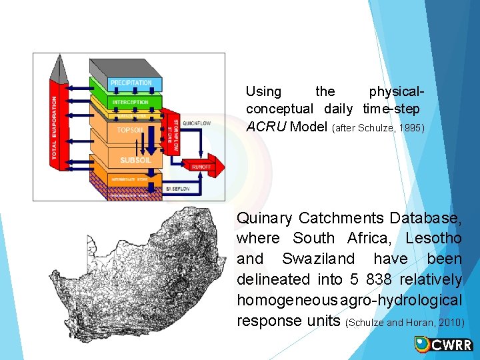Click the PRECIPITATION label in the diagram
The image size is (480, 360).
point(131,83)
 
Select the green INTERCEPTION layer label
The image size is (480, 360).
point(131,102)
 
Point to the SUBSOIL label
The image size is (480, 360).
point(135,160)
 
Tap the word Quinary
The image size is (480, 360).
point(265,218)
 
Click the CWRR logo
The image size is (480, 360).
point(443,344)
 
